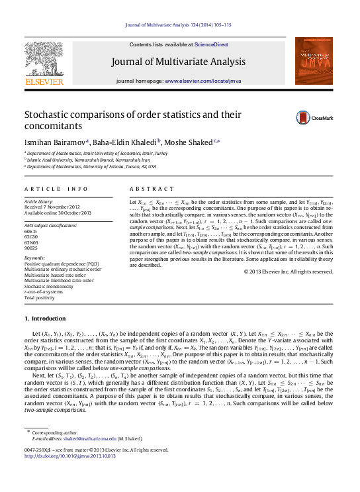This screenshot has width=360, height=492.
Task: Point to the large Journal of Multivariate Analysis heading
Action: click(x=179, y=62)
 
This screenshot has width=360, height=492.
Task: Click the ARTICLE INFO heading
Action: click(x=56, y=189)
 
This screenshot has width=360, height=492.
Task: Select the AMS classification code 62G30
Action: click(x=32, y=236)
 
